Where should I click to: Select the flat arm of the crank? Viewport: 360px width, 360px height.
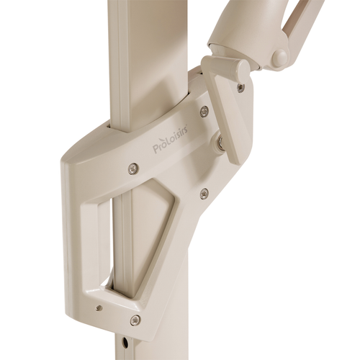pos(230,116)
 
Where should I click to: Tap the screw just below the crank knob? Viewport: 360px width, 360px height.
pos(239,86)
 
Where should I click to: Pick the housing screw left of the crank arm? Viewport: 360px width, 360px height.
pos(204,110)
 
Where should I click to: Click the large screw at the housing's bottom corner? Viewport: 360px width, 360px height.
pos(135,319)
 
